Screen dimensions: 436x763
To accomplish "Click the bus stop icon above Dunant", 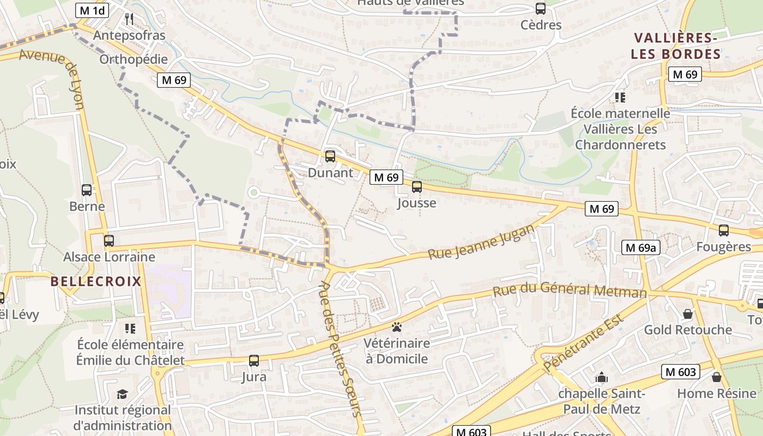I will pos(330,156).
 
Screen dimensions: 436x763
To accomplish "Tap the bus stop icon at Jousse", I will pos(417,187).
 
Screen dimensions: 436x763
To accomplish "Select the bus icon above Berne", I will pos(87,190).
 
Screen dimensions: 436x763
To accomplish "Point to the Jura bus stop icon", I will pos(254,360).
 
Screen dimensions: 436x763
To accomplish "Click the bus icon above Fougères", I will pos(724,231).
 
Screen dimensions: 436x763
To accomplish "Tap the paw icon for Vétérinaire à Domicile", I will pos(397,327).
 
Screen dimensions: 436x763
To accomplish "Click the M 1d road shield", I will pos(92,10).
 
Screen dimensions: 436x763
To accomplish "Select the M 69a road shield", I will pos(641,247).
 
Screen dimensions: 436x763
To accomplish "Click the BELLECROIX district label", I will pos(96,281).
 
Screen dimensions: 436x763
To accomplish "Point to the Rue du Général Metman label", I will pos(570,289).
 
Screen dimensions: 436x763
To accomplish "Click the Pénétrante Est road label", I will pos(583,346).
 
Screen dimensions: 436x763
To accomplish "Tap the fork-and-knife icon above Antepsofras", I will pos(129,19).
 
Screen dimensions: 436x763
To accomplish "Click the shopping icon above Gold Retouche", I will pos(688,314).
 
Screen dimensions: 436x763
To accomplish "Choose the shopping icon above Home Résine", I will pos(717,377).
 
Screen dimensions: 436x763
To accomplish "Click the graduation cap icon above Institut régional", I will pos(123,394).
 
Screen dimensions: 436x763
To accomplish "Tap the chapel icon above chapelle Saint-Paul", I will pos(602,377).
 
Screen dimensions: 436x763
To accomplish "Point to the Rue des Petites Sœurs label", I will pos(341,349).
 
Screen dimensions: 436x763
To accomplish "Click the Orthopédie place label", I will pos(134,59).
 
